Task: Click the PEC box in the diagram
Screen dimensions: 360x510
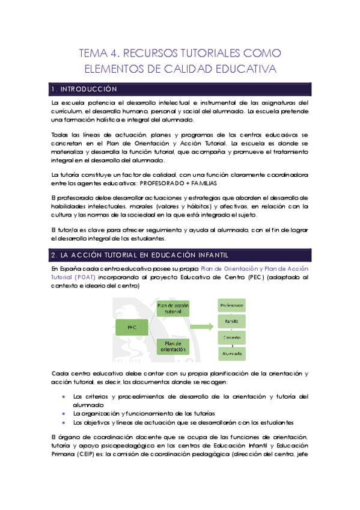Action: [132, 328]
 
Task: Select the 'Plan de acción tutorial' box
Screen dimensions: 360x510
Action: [173, 309]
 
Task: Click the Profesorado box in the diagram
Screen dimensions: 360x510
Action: [231, 306]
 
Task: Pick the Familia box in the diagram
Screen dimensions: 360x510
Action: [231, 322]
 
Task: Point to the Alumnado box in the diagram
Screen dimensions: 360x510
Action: [231, 354]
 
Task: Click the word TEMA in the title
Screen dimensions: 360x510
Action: [95, 54]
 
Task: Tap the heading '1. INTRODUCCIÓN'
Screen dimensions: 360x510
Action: [84, 89]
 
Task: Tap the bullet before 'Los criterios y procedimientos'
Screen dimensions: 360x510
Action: [64, 397]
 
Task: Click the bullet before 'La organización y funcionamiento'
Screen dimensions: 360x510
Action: [64, 414]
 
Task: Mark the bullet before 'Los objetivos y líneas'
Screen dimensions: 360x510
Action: [64, 422]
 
